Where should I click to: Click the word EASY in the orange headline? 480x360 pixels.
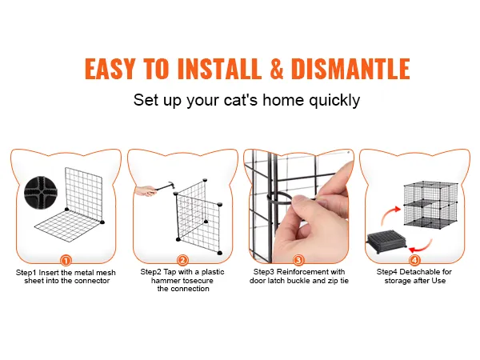point(110,68)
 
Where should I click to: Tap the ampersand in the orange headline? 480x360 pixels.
point(277,68)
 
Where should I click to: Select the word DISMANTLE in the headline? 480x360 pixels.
point(350,68)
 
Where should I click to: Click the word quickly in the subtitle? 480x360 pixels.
point(334,101)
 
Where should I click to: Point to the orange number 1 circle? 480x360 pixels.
point(66,261)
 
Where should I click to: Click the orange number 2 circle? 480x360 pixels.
point(182,261)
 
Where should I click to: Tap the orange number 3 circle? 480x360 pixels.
point(298,261)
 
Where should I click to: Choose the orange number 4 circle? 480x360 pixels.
point(414,261)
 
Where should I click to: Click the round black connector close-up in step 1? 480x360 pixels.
point(41,192)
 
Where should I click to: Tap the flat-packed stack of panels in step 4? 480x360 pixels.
point(386,242)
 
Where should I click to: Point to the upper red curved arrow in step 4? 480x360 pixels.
point(389,214)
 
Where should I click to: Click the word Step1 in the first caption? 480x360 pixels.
point(26,273)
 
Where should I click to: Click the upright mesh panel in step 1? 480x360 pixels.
point(83,194)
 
